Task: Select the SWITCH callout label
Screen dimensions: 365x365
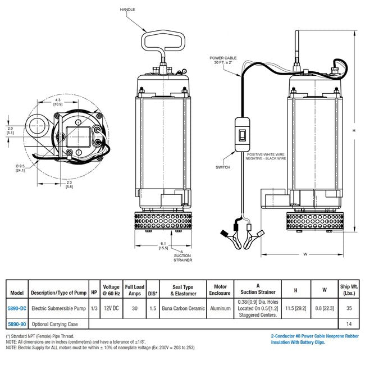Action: (x=223, y=167)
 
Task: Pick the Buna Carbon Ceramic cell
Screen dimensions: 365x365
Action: (x=182, y=308)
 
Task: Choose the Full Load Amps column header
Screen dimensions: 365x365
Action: (x=134, y=290)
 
